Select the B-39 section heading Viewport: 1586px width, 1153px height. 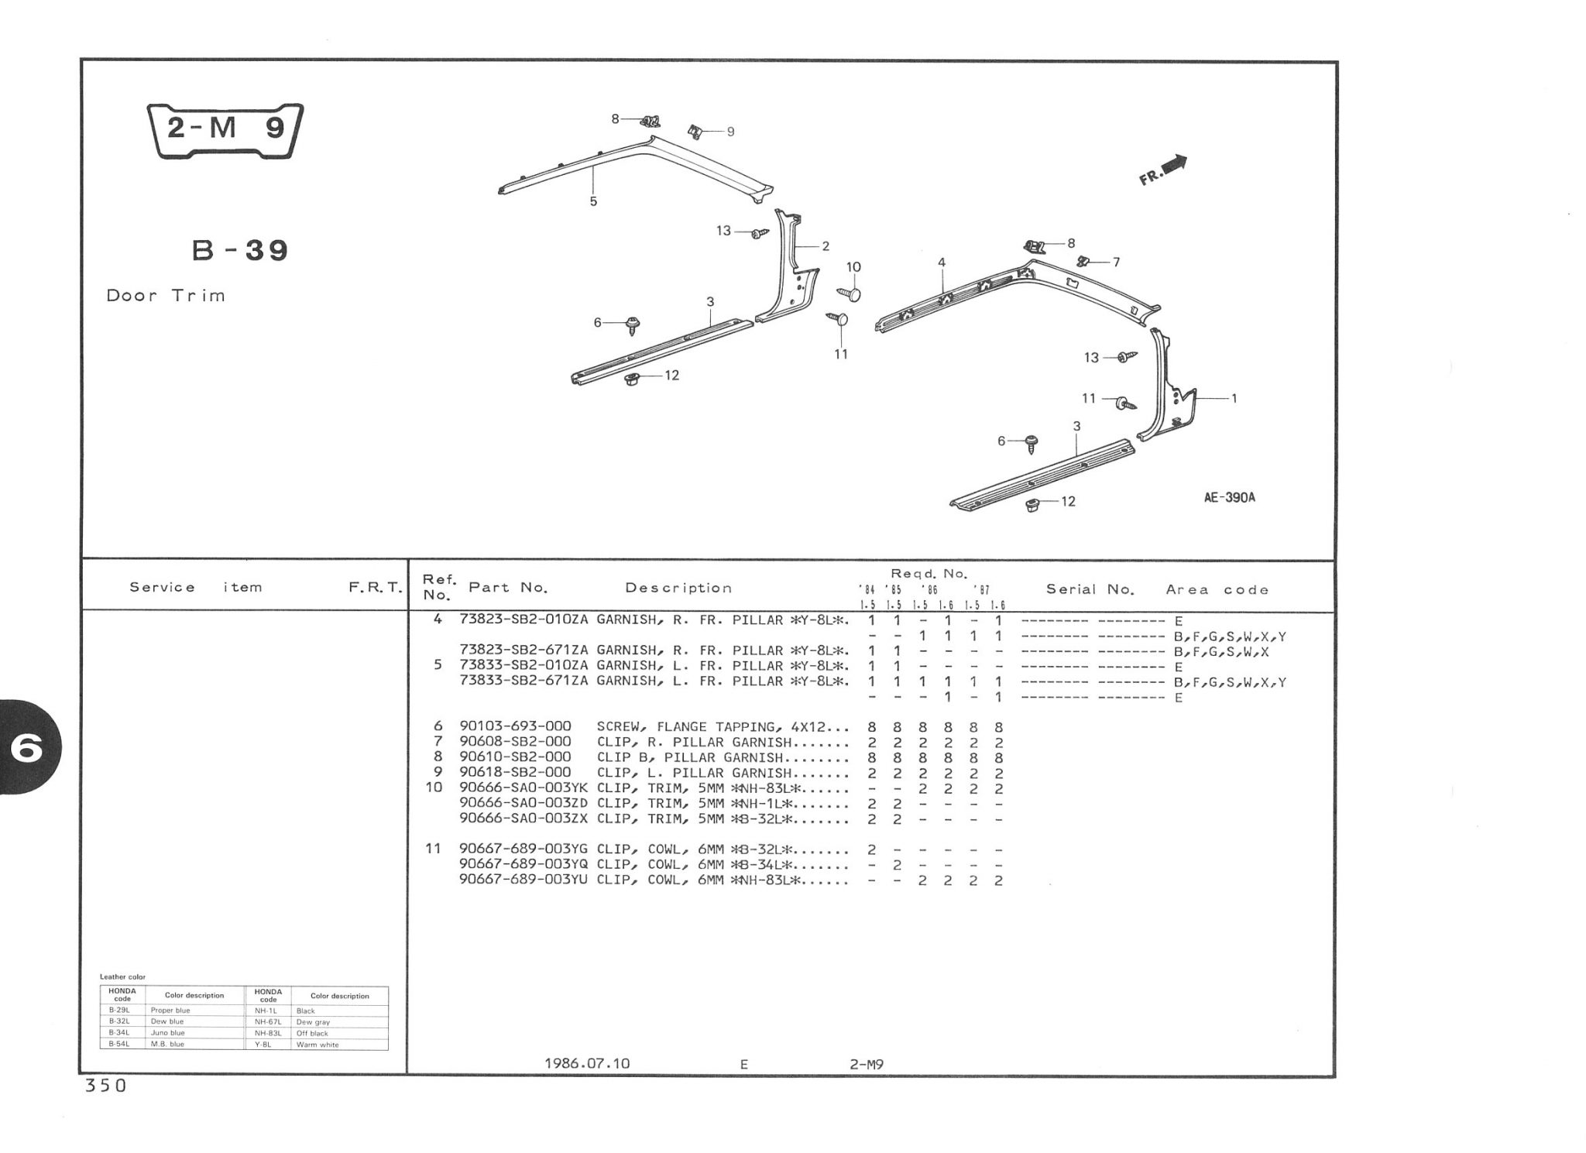pyautogui.click(x=240, y=251)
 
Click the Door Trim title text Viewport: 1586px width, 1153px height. pyautogui.click(x=166, y=296)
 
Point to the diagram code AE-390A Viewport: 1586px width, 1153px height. pyautogui.click(x=1229, y=498)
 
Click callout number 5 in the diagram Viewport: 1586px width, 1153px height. pyautogui.click(x=593, y=201)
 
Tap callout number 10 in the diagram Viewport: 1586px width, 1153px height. pyautogui.click(x=853, y=267)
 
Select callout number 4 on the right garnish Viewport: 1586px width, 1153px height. pyautogui.click(x=942, y=263)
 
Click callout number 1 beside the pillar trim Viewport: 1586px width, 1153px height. pyautogui.click(x=1234, y=399)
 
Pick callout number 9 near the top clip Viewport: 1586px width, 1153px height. pyautogui.click(x=730, y=132)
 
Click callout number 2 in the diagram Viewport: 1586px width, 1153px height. pyautogui.click(x=826, y=246)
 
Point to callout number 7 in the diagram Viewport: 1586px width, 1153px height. pyautogui.click(x=1116, y=263)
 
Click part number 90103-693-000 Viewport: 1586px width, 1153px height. pyautogui.click(x=515, y=726)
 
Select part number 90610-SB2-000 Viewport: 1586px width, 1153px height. pyautogui.click(x=515, y=757)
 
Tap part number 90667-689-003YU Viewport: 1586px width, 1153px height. pyautogui.click(x=524, y=880)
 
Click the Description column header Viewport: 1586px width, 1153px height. pyautogui.click(x=678, y=588)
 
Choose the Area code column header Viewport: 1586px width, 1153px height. pyautogui.click(x=1217, y=590)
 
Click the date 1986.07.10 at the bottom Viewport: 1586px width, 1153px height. pyautogui.click(x=587, y=1063)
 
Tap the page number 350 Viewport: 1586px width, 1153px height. pyautogui.click(x=105, y=1086)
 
